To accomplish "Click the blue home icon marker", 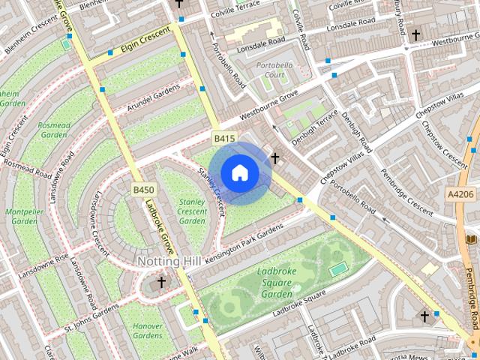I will (x=239, y=172).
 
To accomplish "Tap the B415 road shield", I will (x=224, y=139).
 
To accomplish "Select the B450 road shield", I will (x=143, y=190).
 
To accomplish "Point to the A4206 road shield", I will (x=459, y=194).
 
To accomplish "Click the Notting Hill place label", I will (x=169, y=261).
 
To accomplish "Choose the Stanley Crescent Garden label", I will (x=193, y=211).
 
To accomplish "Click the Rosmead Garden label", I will (x=54, y=130).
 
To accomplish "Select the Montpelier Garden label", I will (x=22, y=217).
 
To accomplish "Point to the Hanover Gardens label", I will (x=148, y=331).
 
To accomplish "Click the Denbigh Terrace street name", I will (x=314, y=128).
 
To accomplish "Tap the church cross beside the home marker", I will (x=275, y=158).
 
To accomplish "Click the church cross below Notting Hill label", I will (x=161, y=283).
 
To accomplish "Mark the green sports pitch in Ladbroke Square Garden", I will (x=339, y=268).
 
